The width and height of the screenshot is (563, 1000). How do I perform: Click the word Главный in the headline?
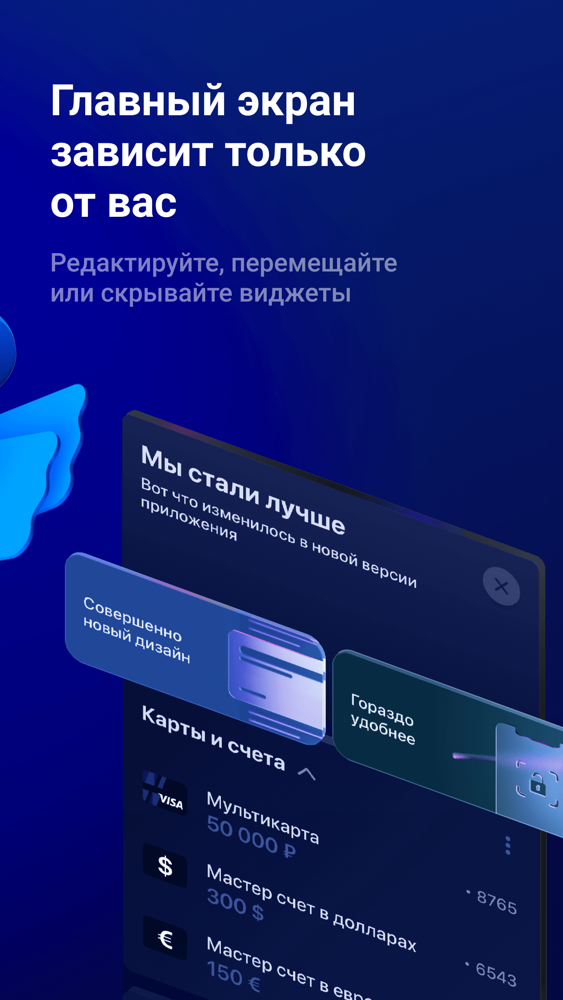coord(138,101)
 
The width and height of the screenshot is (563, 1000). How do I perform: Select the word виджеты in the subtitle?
coord(295,294)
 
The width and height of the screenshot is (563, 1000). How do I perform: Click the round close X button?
coord(501,586)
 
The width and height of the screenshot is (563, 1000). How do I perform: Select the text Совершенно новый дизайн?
coord(137,630)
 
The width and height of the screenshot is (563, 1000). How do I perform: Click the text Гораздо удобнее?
coord(382,719)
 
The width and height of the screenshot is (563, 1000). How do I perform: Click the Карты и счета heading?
coord(213,738)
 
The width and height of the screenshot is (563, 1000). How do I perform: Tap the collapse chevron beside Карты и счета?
coord(307,773)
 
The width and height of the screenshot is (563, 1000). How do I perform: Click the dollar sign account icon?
coord(165,865)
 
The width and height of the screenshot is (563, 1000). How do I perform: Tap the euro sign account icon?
coord(165,938)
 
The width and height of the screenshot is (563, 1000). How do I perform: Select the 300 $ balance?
coord(235,904)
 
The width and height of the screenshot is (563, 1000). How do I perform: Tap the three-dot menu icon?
coord(508,845)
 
